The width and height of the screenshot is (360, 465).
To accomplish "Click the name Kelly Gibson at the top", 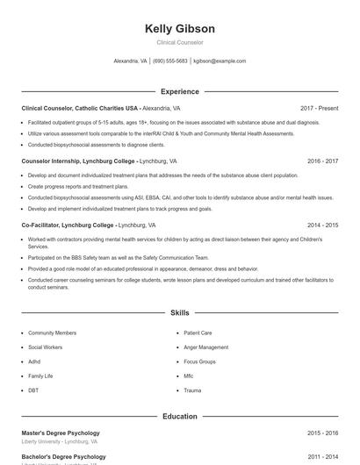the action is pyautogui.click(x=179, y=29).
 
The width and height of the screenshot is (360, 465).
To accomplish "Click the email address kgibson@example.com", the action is pyautogui.click(x=220, y=61).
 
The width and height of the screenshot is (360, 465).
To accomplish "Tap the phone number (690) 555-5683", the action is pyautogui.click(x=170, y=61).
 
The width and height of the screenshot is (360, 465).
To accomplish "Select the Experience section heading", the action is pyautogui.click(x=179, y=91).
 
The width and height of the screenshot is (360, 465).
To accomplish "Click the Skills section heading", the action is pyautogui.click(x=179, y=312).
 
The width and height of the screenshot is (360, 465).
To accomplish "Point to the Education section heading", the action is pyautogui.click(x=179, y=417).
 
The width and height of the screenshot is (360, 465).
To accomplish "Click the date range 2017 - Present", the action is pyautogui.click(x=319, y=108).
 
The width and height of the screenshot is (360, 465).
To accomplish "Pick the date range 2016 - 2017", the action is pyautogui.click(x=322, y=161).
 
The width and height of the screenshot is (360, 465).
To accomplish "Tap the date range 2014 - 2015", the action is pyautogui.click(x=322, y=225).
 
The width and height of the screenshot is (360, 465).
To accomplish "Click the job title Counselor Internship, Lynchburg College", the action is pyautogui.click(x=78, y=161).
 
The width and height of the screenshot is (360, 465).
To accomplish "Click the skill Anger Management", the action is pyautogui.click(x=205, y=347).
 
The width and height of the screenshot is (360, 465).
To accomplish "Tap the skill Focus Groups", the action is pyautogui.click(x=199, y=361).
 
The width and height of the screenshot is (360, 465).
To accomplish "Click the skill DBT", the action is pyautogui.click(x=33, y=390).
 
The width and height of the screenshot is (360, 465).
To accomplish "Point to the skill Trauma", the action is pyautogui.click(x=192, y=390).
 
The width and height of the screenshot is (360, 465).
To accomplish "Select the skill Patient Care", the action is pyautogui.click(x=198, y=333).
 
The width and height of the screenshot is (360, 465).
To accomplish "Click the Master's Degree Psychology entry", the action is pyautogui.click(x=61, y=433).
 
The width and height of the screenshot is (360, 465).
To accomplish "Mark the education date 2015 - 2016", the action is pyautogui.click(x=322, y=433).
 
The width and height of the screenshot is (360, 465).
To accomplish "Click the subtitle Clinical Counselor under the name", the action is pyautogui.click(x=179, y=42).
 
